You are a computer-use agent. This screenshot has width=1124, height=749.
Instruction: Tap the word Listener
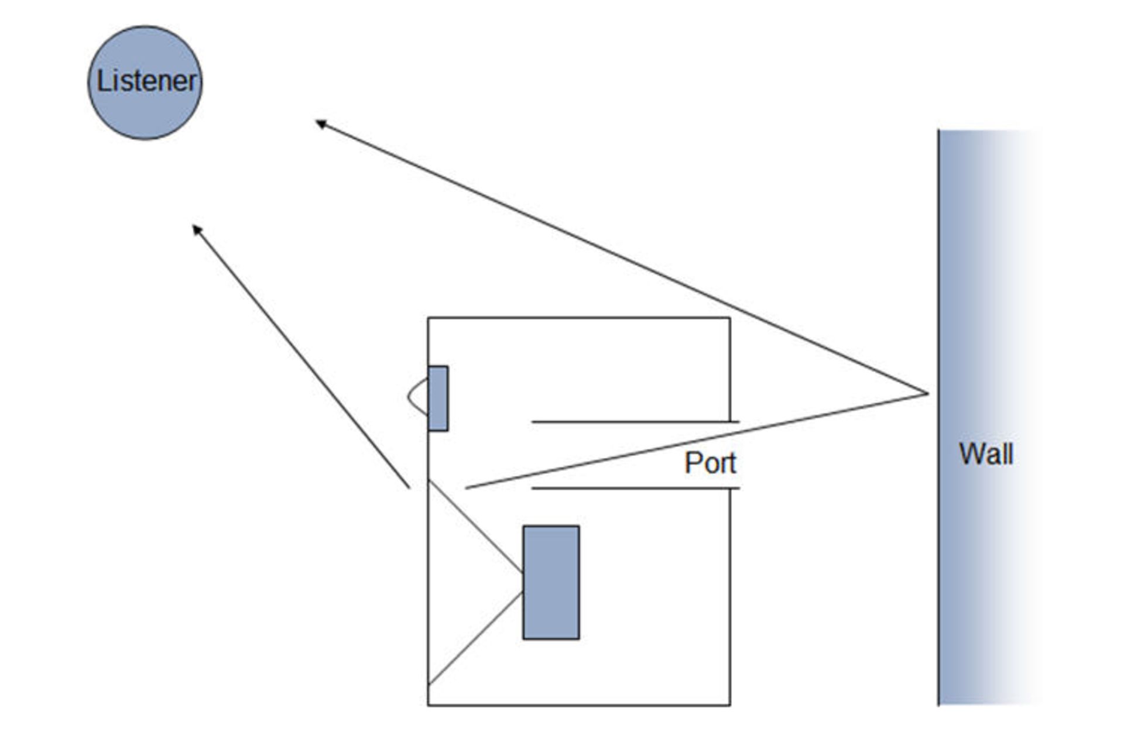pos(146,81)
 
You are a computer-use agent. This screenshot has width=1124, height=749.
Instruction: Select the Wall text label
pos(986,454)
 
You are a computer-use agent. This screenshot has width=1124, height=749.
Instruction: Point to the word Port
pos(710,463)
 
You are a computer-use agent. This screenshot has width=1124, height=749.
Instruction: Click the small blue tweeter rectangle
pos(438,398)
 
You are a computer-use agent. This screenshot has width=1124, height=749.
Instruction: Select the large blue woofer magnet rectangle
pos(551,582)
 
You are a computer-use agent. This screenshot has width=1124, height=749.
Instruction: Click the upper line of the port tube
pos(632,421)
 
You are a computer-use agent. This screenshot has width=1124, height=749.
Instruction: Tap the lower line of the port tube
pos(632,488)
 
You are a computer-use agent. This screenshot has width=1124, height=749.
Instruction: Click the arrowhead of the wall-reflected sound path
pos(319,123)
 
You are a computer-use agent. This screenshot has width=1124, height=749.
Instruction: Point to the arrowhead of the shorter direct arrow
pos(196,228)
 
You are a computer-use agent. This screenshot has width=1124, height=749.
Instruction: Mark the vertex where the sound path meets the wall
pos(928,393)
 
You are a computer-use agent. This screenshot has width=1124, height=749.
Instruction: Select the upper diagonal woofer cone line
pos(475,526)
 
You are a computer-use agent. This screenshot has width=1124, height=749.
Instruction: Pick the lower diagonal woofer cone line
pos(475,638)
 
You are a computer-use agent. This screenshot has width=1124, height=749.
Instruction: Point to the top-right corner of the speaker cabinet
pos(729,318)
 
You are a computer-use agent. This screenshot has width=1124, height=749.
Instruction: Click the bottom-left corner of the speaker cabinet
pos(429,705)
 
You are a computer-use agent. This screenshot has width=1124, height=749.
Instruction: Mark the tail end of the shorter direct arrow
pos(409,487)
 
